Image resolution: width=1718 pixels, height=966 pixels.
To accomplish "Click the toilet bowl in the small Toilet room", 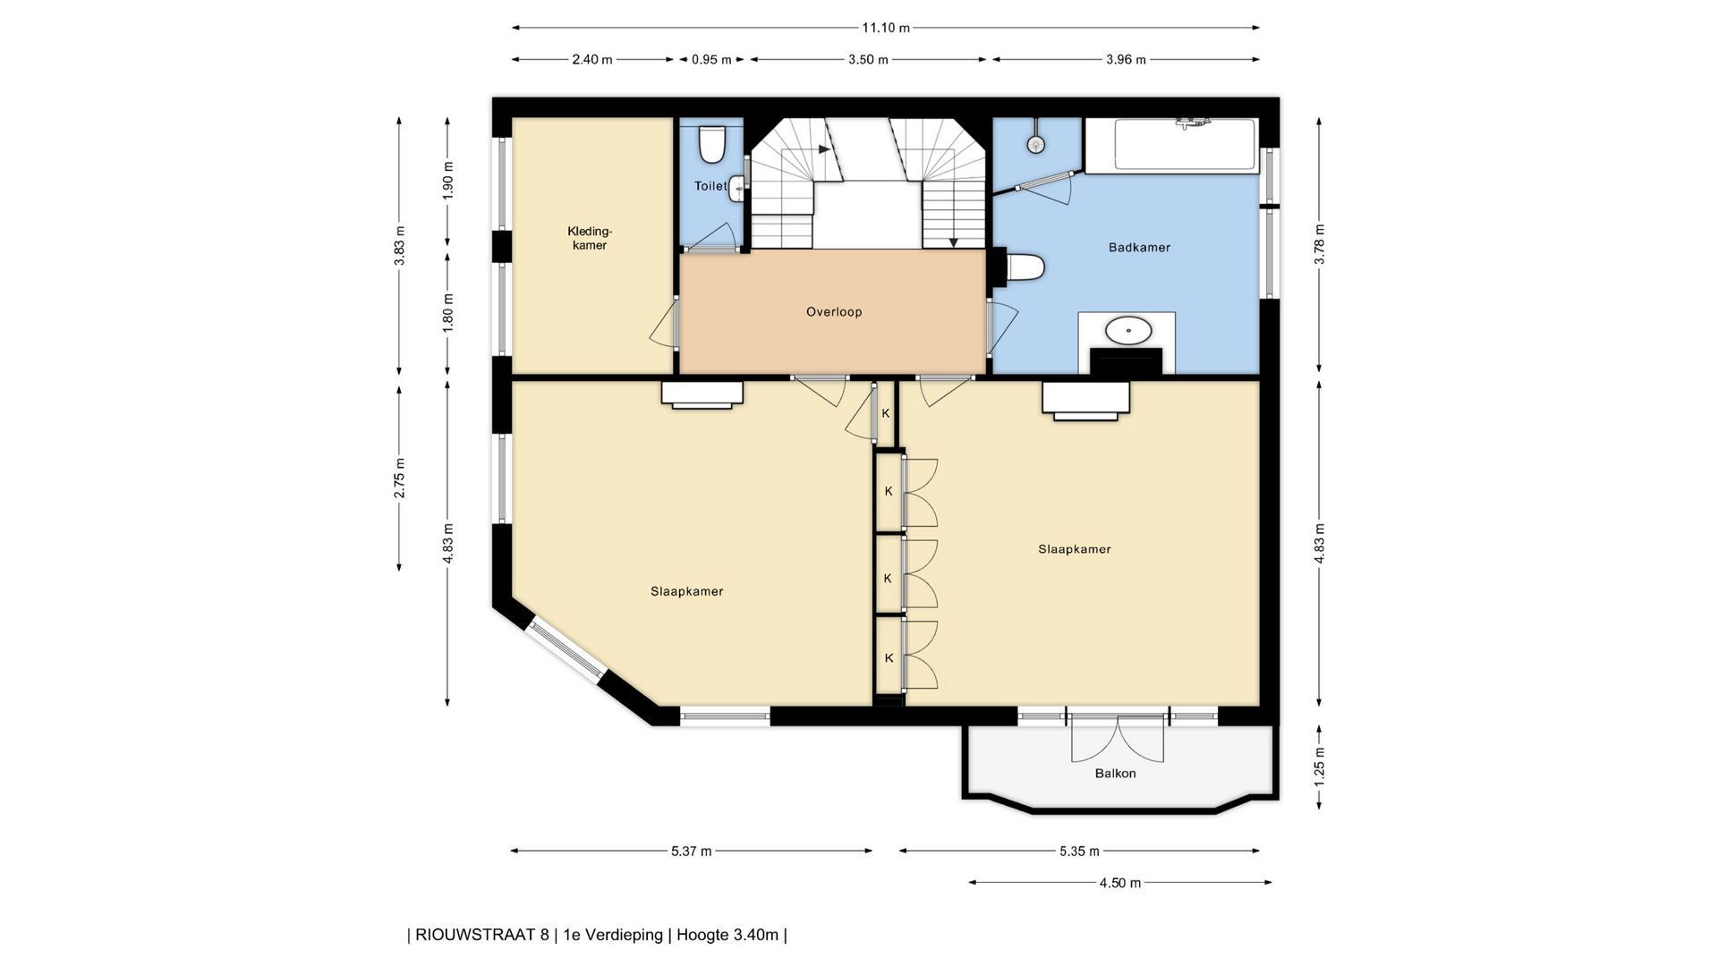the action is tap(711, 144).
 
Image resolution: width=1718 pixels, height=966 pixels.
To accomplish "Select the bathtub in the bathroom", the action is tap(1172, 144).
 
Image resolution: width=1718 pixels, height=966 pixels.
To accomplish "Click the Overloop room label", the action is tap(834, 312).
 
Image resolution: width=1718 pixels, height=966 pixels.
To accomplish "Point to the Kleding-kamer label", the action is tap(590, 238).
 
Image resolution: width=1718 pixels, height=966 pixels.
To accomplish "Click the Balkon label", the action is tap(1115, 773).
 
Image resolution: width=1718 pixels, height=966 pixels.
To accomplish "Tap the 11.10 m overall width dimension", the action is tap(886, 28).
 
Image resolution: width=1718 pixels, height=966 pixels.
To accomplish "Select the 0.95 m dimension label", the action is tap(711, 60).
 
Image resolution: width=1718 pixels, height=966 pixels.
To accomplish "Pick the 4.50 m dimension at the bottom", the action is tap(1120, 883).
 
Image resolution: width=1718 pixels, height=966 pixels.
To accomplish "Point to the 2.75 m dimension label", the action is tap(400, 479).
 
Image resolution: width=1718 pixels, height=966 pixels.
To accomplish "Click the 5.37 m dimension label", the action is tap(692, 852).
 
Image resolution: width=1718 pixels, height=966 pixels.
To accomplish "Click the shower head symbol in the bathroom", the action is tap(1036, 143).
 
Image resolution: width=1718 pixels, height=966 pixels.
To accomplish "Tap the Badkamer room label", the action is tap(1139, 248).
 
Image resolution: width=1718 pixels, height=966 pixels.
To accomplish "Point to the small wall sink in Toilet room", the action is tap(736, 188).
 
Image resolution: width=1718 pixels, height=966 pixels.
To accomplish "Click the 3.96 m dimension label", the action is tap(1126, 60).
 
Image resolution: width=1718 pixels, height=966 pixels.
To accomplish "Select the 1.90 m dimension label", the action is tap(448, 180).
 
